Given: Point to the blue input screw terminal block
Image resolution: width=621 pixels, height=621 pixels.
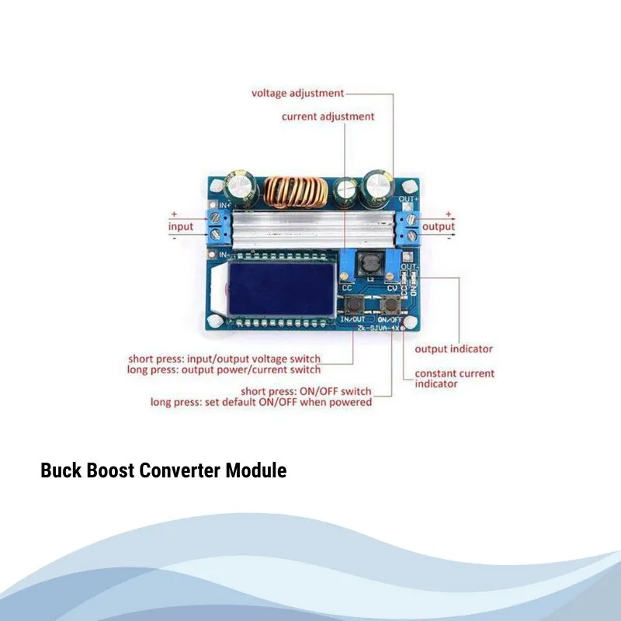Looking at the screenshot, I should click(220, 226).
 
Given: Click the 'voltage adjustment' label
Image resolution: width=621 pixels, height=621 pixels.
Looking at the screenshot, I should click(297, 93).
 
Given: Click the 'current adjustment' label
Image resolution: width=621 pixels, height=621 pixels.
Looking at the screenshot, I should click(328, 116).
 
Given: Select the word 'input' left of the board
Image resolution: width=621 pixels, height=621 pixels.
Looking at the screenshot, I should click(180, 226).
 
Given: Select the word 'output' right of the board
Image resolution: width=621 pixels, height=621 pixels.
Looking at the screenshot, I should click(439, 226).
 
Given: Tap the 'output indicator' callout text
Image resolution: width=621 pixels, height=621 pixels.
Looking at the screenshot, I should click(453, 349).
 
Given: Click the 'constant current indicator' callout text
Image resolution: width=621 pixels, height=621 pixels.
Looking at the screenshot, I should click(453, 378).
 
